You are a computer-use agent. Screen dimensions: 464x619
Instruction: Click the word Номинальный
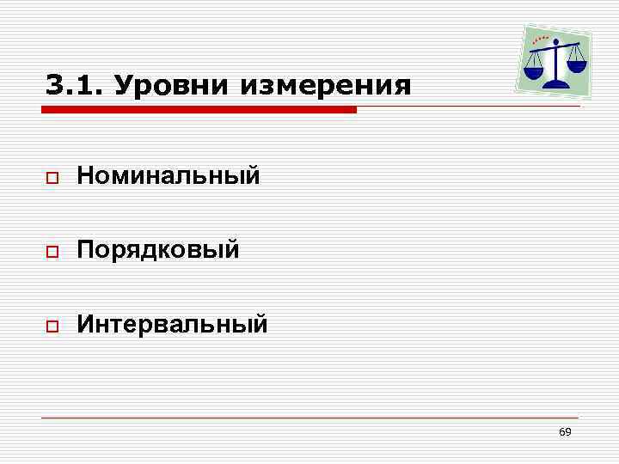click(168, 177)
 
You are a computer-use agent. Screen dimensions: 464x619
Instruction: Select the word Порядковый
click(156, 250)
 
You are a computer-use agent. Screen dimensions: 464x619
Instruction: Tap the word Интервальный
click(172, 324)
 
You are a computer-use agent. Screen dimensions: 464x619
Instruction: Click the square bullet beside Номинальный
click(52, 179)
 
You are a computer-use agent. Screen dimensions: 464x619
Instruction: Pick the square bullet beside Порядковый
click(52, 252)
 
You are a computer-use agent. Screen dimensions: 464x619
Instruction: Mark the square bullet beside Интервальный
click(52, 326)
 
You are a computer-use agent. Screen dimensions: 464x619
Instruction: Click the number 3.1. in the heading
click(73, 86)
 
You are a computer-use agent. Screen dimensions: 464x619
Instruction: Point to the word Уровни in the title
click(171, 86)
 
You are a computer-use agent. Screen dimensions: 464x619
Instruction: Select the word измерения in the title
click(327, 87)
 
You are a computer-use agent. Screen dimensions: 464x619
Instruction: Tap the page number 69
click(565, 432)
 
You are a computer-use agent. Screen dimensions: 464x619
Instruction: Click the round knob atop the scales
click(555, 41)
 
